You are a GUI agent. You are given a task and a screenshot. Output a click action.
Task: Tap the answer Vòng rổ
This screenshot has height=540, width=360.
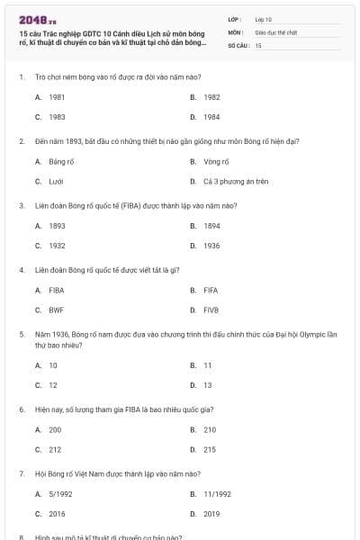click(217, 161)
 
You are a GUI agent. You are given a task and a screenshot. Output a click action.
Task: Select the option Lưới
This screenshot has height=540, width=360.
click(55, 182)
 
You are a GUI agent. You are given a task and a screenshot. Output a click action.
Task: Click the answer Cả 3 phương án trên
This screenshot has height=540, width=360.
click(236, 182)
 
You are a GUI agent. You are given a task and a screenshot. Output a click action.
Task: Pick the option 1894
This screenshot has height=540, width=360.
click(211, 226)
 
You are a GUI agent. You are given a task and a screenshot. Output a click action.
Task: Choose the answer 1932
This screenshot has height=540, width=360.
click(57, 246)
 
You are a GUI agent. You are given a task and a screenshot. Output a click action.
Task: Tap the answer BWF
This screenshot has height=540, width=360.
click(56, 310)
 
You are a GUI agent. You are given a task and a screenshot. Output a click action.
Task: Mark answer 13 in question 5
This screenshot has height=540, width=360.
click(208, 385)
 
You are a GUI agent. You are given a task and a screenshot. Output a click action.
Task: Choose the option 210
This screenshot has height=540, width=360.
click(210, 429)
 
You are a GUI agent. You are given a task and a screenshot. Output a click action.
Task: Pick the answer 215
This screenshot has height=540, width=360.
click(210, 450)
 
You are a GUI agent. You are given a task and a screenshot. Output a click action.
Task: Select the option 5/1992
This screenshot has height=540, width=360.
click(60, 493)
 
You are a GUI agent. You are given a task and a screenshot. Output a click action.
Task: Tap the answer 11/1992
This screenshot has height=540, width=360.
click(217, 493)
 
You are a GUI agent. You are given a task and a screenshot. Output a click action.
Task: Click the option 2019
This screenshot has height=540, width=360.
click(211, 514)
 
